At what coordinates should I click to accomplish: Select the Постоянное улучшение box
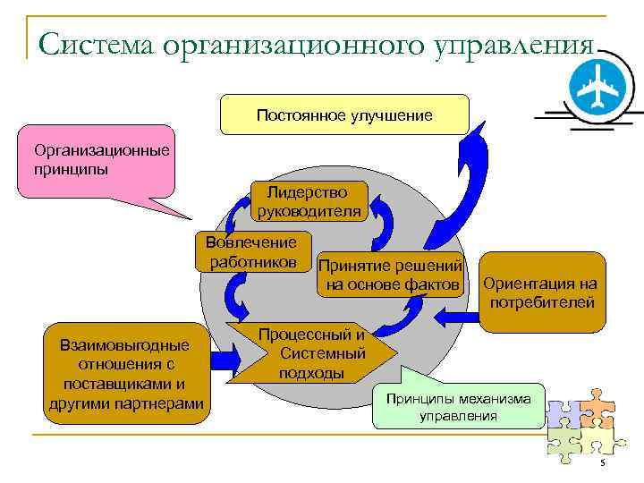click(344, 115)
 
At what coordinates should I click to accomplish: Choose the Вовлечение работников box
click(252, 251)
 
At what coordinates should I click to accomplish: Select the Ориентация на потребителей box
click(539, 292)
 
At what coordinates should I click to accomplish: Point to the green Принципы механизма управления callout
click(457, 406)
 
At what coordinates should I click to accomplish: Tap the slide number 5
click(602, 462)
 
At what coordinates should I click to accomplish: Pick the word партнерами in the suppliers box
click(162, 404)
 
